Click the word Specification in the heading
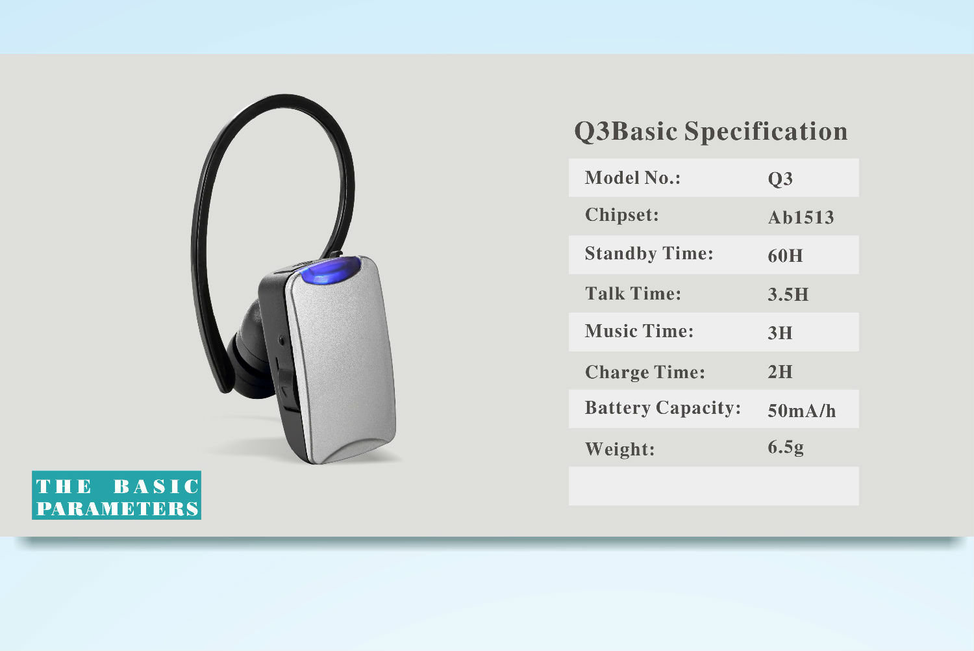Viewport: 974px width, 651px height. coord(766,131)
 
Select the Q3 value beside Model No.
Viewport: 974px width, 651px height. coord(780,179)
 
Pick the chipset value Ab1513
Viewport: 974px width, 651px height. coord(801,217)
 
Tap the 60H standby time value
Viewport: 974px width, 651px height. coord(785,255)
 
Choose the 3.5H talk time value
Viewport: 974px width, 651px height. coord(788,294)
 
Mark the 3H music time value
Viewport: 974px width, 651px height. coord(780,333)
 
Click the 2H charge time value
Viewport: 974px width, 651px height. coord(780,372)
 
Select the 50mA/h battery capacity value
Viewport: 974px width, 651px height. coord(801,411)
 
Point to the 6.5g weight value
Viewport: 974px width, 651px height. coord(785,448)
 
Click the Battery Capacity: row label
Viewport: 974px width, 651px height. coord(663,408)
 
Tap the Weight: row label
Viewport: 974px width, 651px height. coord(619,449)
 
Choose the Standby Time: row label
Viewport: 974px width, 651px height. coord(649,253)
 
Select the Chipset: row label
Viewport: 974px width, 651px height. coord(622,215)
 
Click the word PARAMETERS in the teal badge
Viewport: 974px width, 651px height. coord(118,508)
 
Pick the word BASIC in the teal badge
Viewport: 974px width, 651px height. coord(156,487)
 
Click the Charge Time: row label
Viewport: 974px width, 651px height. coord(645,372)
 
